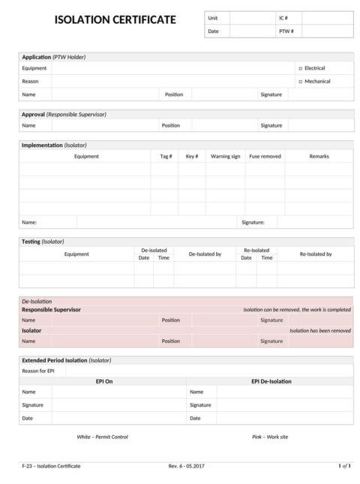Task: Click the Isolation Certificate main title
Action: click(115, 20)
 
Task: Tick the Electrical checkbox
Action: click(300, 68)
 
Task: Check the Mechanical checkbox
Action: click(300, 82)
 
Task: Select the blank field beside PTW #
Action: click(327, 32)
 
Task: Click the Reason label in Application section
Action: click(30, 82)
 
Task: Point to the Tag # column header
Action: click(166, 156)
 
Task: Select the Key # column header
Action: click(191, 156)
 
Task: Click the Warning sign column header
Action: click(225, 156)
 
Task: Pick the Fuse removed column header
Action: click(265, 156)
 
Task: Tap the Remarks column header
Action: click(319, 156)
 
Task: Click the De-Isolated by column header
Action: click(205, 254)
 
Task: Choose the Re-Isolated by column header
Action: click(315, 254)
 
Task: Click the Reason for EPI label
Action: click(38, 371)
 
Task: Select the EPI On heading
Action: click(103, 381)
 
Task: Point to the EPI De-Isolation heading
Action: click(271, 381)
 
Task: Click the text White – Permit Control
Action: click(103, 437)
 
